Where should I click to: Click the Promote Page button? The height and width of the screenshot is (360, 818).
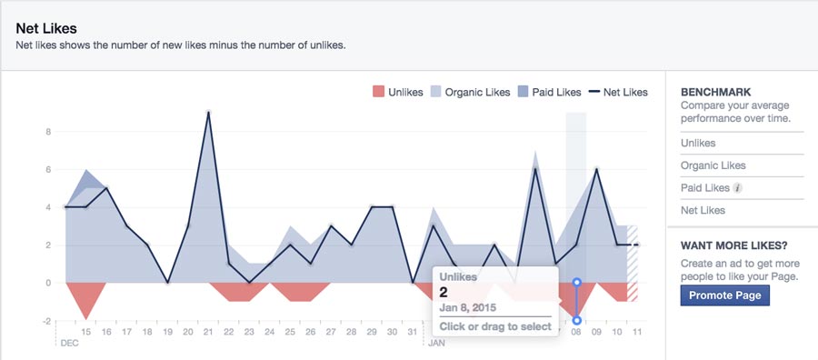tap(724, 295)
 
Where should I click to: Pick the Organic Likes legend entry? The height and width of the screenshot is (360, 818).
tap(470, 92)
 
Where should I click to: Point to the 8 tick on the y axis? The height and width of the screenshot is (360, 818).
tap(48, 132)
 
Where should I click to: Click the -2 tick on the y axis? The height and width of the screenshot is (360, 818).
tap(46, 321)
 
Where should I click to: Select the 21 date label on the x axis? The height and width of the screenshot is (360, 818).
tap(209, 333)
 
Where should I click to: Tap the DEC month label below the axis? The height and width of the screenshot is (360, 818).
tap(68, 345)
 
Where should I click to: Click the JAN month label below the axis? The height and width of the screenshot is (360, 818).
tap(436, 345)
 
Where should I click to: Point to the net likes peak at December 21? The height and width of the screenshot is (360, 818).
tap(209, 113)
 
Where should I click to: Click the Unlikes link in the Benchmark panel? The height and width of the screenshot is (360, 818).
tap(698, 143)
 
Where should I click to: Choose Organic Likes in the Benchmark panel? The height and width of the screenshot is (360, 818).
tap(713, 165)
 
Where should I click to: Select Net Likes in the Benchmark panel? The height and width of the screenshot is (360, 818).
tap(702, 211)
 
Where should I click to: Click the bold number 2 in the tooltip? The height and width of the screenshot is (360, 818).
tap(444, 292)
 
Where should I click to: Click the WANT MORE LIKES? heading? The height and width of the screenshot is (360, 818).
tap(733, 245)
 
